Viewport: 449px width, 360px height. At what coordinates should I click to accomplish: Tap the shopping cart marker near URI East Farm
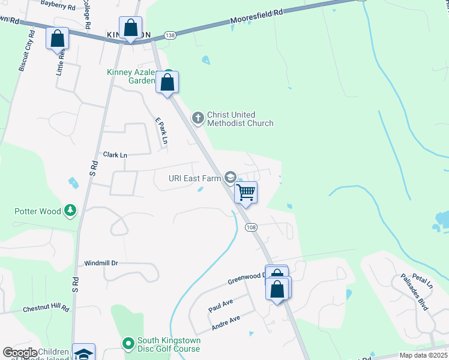[246, 193]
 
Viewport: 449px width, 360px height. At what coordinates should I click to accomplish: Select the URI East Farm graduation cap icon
[229, 177]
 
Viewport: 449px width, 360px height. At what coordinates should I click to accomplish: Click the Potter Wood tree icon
[71, 211]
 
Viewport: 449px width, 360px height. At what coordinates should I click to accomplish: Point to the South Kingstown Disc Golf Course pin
[127, 344]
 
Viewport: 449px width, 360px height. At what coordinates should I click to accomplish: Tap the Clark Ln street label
[115, 155]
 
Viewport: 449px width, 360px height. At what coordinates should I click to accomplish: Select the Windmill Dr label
[101, 263]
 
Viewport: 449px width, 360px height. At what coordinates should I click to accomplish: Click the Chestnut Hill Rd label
[46, 308]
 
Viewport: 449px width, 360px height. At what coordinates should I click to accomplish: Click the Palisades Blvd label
[415, 292]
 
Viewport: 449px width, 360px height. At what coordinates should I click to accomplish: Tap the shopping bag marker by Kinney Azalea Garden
[167, 82]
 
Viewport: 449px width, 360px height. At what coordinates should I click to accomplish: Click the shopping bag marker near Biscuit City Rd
[58, 39]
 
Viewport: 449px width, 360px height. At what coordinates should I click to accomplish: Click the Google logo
[20, 353]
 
